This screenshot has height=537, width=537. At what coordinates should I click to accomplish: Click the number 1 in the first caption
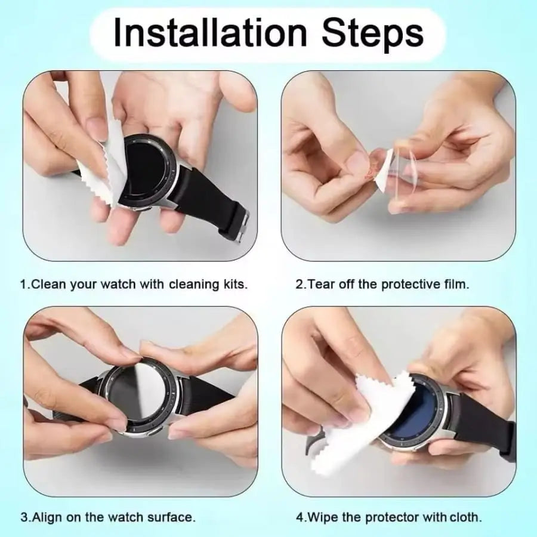23,284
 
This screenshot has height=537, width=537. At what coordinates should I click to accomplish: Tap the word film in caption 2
456,284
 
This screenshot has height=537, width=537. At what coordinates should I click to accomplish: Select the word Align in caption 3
45,516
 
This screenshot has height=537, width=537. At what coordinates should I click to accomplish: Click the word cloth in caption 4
467,516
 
